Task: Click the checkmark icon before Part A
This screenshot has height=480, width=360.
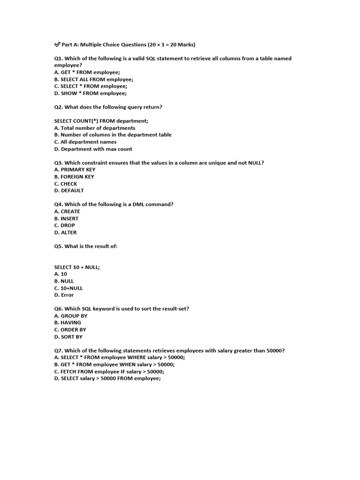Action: [57, 45]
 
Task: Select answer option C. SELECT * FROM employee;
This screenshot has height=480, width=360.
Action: [90, 86]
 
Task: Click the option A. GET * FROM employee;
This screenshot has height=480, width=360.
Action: [87, 72]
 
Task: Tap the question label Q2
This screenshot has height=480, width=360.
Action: [58, 107]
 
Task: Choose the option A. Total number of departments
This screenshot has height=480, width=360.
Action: [95, 128]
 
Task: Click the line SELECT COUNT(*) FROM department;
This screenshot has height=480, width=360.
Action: [101, 121]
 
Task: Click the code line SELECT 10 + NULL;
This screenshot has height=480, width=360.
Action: [77, 267]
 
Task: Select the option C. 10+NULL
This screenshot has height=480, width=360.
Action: [68, 288]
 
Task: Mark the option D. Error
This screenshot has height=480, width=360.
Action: [64, 295]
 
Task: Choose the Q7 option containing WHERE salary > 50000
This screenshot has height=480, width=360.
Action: [120, 357]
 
